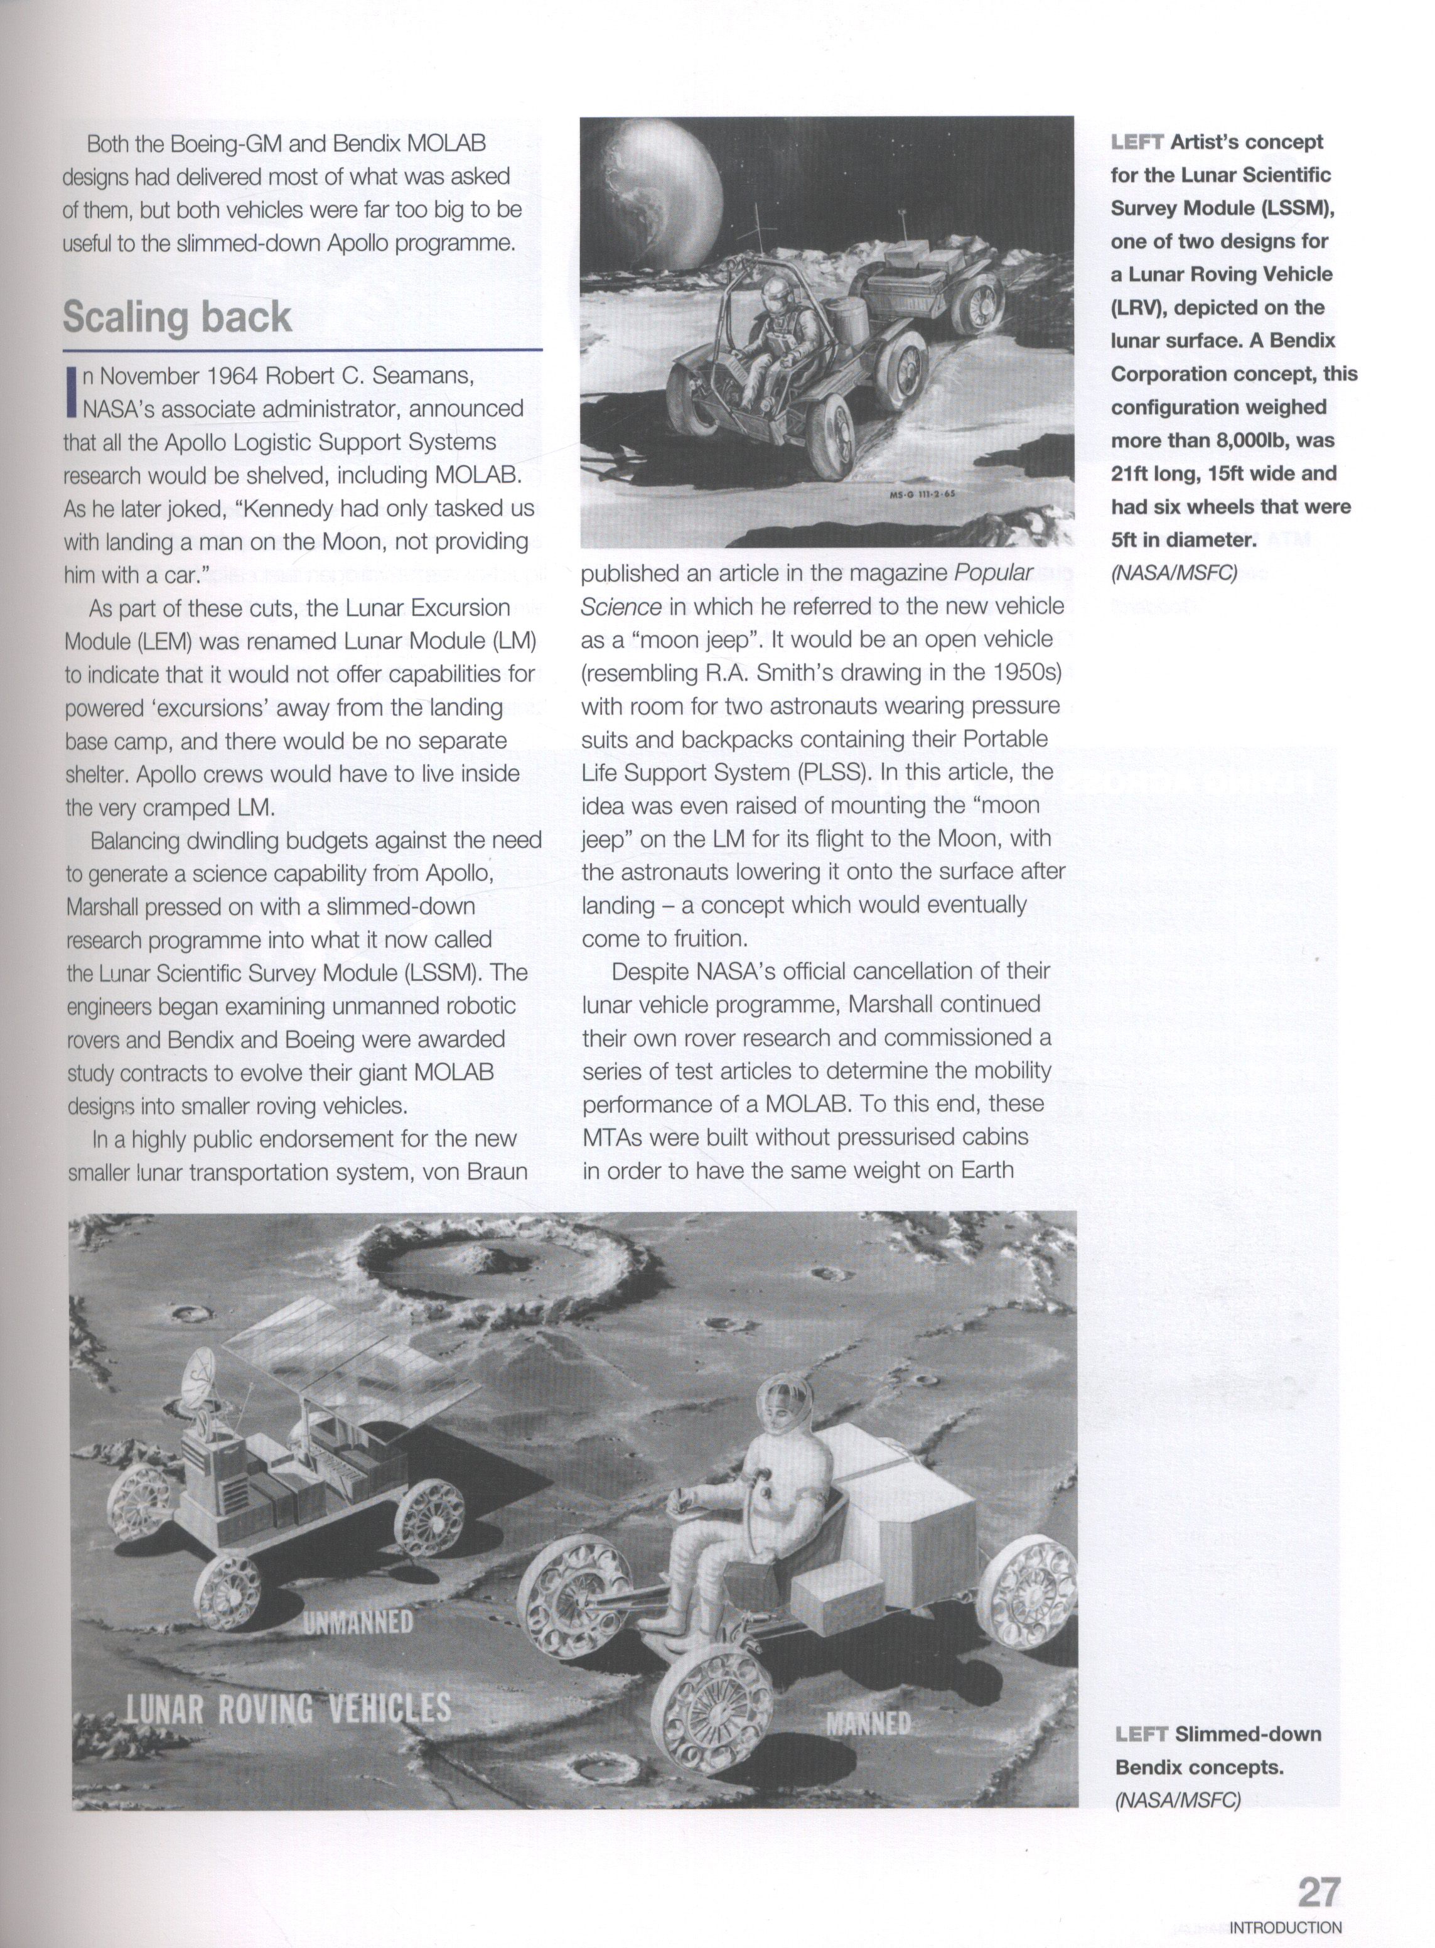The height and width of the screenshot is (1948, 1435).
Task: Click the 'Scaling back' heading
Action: [177, 317]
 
